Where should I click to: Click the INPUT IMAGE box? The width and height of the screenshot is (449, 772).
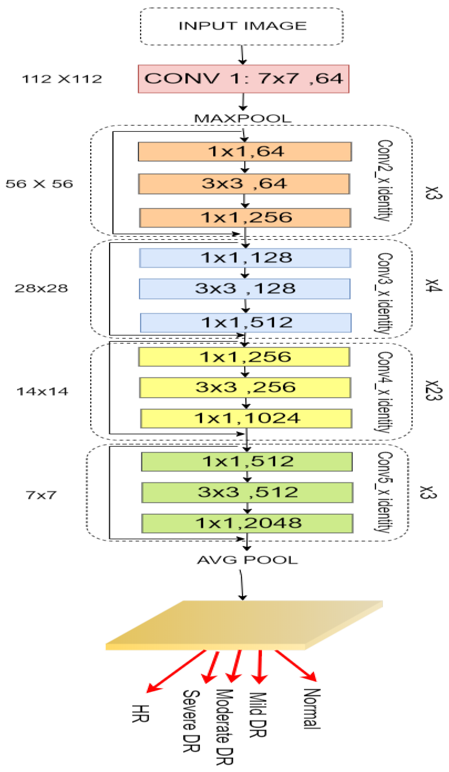tap(242, 26)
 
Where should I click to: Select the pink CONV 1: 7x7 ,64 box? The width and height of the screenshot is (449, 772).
tap(243, 79)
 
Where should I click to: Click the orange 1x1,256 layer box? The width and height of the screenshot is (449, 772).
tap(245, 218)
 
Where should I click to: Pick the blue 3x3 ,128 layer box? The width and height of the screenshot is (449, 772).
tap(245, 289)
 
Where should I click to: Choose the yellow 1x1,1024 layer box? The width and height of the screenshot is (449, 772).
tap(246, 418)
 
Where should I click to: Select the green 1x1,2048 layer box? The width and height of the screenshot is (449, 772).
tap(247, 523)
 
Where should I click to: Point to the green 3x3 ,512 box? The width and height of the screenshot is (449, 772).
tap(247, 493)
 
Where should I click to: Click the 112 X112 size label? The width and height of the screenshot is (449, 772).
tap(62, 79)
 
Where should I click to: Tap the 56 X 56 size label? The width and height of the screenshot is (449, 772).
tap(39, 184)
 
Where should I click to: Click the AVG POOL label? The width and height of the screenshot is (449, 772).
tap(247, 560)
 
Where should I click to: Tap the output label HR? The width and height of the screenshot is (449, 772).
tap(140, 714)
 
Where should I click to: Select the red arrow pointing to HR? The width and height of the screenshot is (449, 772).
tap(176, 671)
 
